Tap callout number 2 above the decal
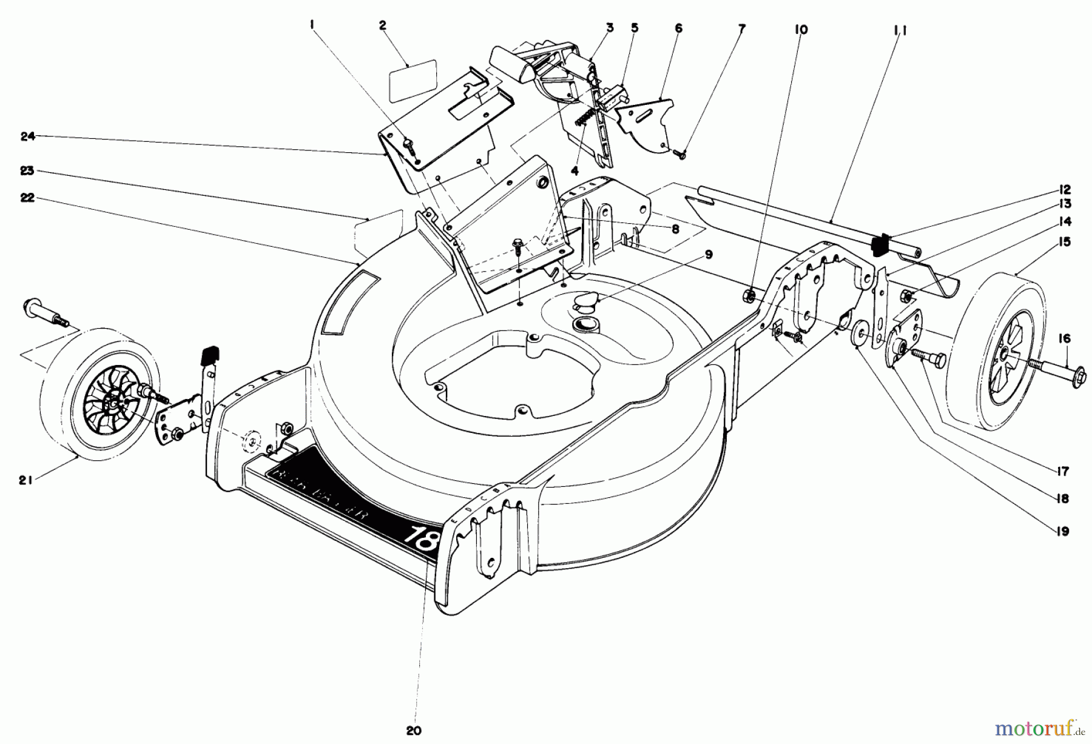(x=382, y=25)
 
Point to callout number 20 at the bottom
(x=414, y=731)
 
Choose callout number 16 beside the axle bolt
(x=1065, y=339)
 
